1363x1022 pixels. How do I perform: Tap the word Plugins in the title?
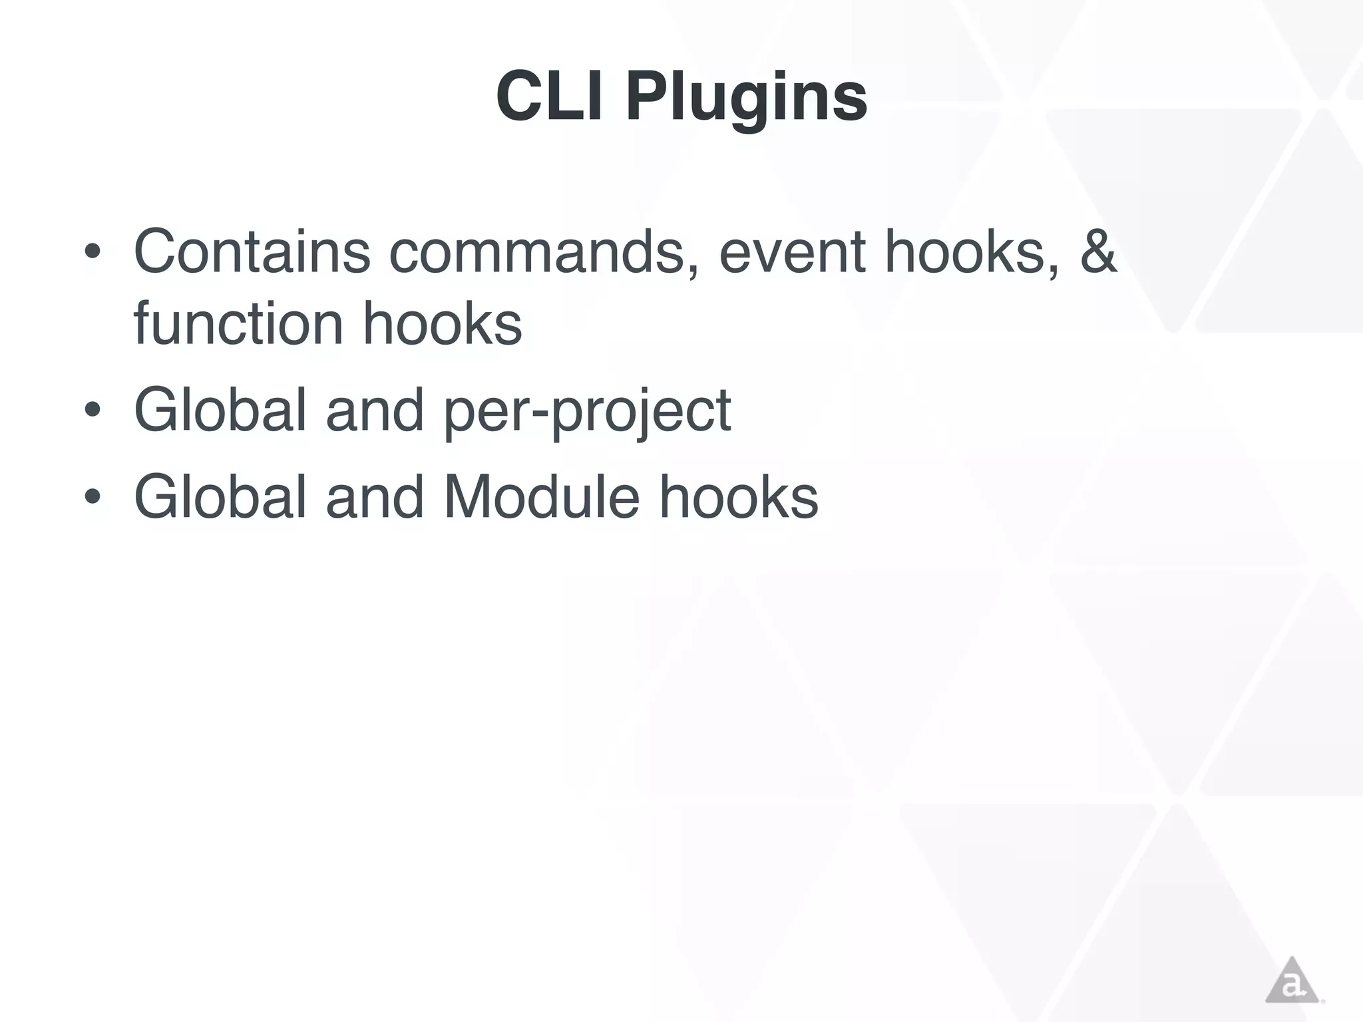746,97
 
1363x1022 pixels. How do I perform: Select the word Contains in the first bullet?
252,252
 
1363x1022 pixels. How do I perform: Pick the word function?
238,324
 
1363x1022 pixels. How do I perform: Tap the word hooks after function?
442,324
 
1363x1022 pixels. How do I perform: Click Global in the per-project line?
220,410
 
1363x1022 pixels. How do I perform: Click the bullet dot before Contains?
93,254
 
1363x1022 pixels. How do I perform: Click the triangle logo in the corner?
1292,981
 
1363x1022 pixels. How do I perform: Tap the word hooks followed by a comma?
970,252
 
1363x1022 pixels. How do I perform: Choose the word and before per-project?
375,410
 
